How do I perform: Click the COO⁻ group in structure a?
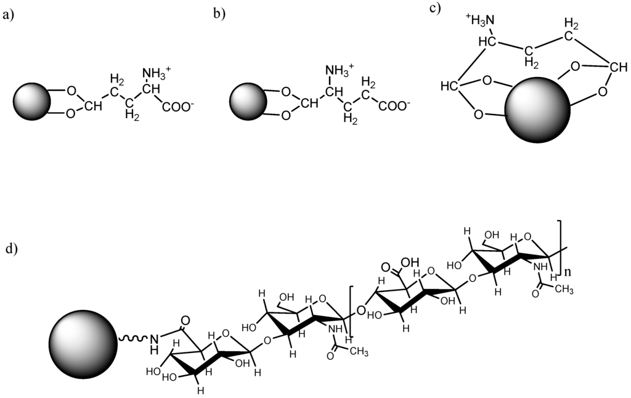tap(179, 107)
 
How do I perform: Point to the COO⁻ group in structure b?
tap(394, 107)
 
